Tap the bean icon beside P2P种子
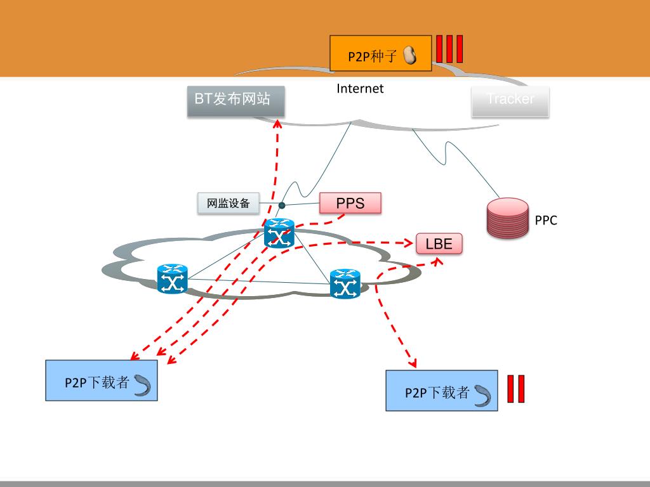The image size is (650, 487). (x=409, y=55)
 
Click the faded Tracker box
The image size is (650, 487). (x=510, y=101)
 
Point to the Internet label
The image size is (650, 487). (x=360, y=89)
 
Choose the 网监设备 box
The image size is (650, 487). (x=229, y=204)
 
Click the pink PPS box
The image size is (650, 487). (x=350, y=204)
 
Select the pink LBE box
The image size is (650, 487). (x=439, y=244)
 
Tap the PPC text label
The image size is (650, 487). (x=545, y=221)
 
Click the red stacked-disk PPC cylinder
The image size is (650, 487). (x=508, y=219)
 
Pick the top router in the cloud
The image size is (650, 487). (x=279, y=233)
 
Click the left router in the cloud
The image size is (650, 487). (x=172, y=279)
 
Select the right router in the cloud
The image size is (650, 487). (x=345, y=283)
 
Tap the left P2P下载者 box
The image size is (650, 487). (x=101, y=380)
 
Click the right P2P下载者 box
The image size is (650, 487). (x=441, y=391)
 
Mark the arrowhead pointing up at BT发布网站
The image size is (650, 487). (x=277, y=122)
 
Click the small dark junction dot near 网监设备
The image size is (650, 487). (x=281, y=205)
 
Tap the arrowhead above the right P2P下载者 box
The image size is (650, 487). (x=412, y=364)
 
